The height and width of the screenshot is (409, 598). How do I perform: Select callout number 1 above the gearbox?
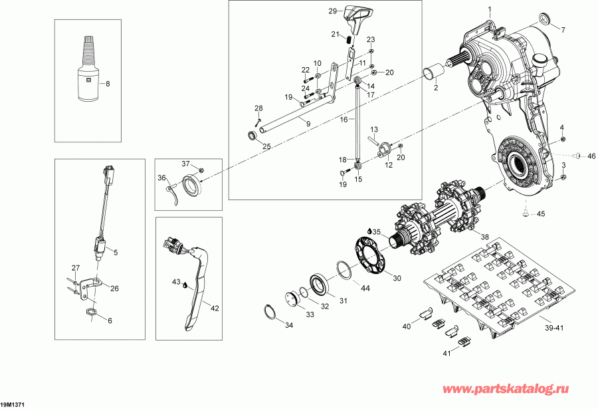point(490,9)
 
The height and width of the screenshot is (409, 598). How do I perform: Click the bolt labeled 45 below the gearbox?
point(523,213)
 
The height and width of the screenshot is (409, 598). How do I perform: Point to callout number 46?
point(591,157)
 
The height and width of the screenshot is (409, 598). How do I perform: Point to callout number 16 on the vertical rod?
point(344,119)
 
